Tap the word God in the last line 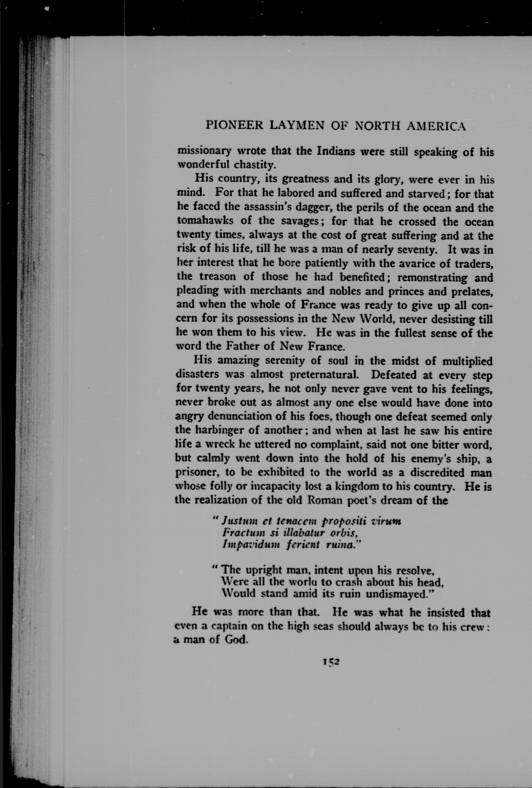tap(234, 640)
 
